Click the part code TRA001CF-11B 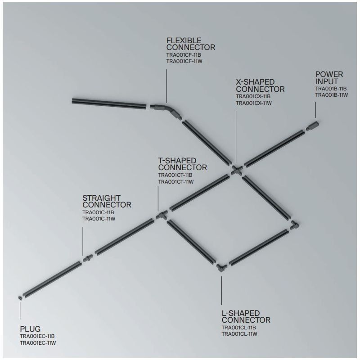(x=184, y=55)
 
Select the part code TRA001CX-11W (x=254, y=103)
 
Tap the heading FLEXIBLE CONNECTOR (x=190, y=44)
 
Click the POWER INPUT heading (x=329, y=78)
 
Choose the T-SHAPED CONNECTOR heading (x=182, y=164)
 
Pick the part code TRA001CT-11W (x=176, y=182)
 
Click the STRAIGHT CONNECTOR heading (x=107, y=201)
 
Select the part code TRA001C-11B (x=98, y=212)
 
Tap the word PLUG (x=30, y=329)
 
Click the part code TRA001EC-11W (x=38, y=343)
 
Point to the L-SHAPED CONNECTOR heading (x=246, y=316)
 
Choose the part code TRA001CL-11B (x=239, y=328)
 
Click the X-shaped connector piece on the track (x=237, y=171)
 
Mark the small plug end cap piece (x=20, y=298)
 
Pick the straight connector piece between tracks (x=88, y=258)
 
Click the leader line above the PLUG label (x=20, y=310)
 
